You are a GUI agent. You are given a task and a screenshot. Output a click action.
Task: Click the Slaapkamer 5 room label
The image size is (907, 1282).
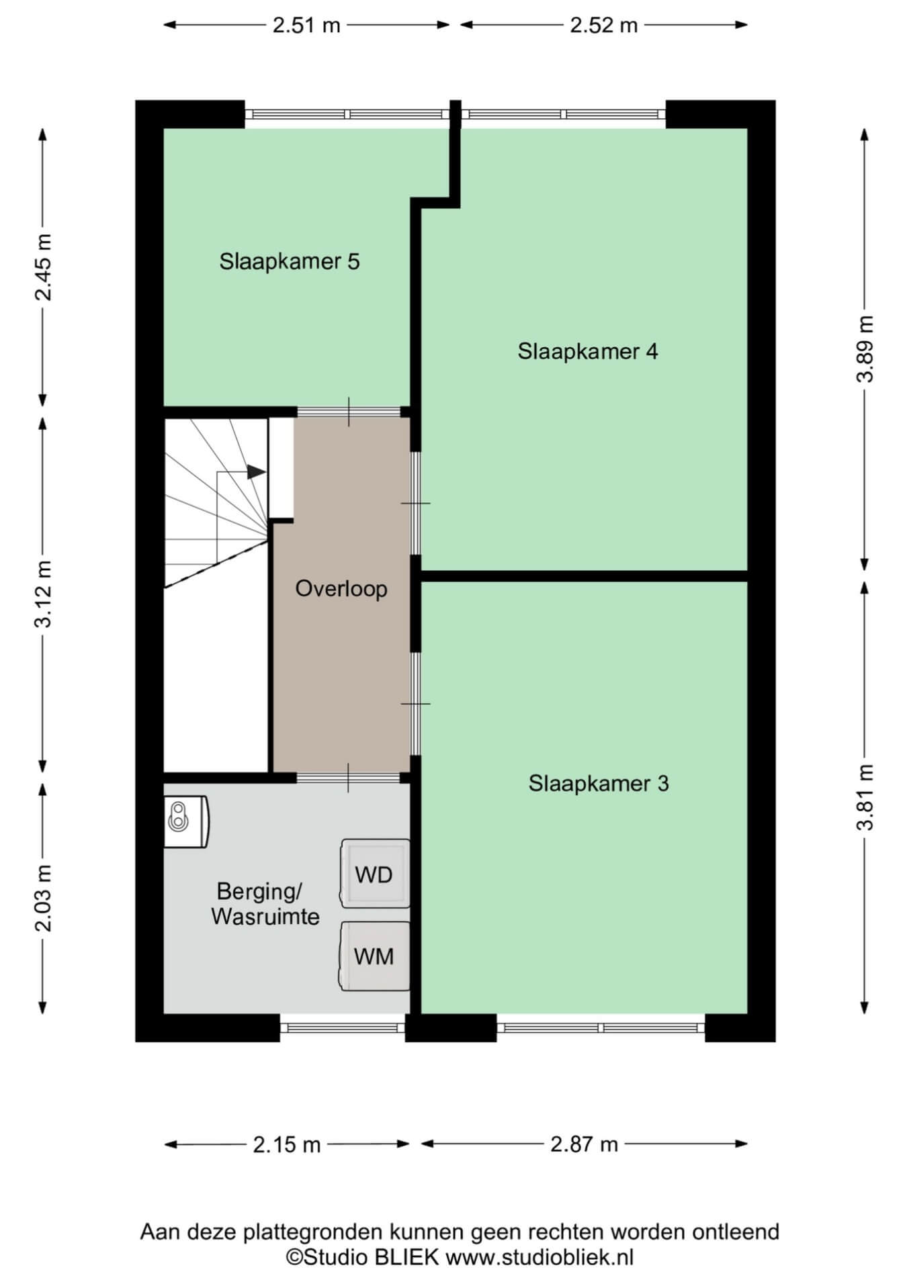(290, 261)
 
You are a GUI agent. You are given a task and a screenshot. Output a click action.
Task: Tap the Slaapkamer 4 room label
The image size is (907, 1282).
(588, 351)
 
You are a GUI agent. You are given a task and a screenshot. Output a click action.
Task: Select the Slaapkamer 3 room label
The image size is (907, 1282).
(599, 783)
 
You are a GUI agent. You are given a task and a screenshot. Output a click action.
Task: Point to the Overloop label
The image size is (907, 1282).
(341, 589)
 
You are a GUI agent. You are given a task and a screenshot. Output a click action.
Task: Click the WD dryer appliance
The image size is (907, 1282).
(375, 874)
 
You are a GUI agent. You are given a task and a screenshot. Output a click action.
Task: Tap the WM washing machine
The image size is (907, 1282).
(375, 956)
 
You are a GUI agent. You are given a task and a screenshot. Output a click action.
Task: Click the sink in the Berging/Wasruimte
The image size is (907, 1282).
(186, 821)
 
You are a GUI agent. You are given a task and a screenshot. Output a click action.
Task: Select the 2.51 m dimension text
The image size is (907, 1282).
(306, 26)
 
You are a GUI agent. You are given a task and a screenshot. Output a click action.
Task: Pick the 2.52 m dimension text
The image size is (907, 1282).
(603, 26)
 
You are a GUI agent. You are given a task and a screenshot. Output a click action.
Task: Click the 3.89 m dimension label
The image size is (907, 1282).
(865, 349)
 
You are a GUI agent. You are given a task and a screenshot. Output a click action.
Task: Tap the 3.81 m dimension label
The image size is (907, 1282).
(865, 797)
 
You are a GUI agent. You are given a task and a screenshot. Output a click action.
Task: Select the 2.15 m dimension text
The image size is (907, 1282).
(287, 1144)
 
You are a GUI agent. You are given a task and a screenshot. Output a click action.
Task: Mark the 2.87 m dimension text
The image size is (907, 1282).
(584, 1144)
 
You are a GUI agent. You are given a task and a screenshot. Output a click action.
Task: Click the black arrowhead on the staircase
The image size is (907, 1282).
(256, 472)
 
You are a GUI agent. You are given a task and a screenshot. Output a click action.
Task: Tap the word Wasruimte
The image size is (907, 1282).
(265, 917)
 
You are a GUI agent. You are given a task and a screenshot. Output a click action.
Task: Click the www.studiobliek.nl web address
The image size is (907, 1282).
(540, 1257)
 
